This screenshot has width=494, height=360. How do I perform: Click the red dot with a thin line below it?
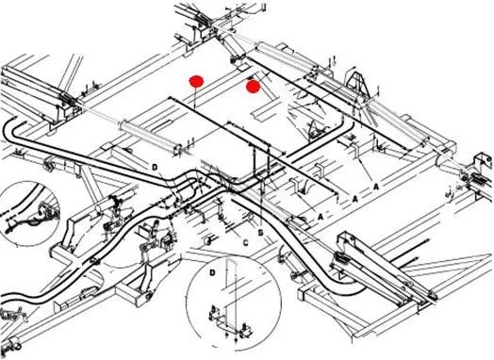[196, 81]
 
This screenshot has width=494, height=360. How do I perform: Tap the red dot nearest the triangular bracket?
[253, 87]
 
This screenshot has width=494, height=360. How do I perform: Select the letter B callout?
[260, 233]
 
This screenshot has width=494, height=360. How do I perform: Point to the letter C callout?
[246, 243]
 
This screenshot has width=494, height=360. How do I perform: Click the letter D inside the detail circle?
[212, 272]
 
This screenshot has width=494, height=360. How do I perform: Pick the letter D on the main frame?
[155, 167]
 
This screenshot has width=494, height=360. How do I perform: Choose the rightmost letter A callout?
[376, 188]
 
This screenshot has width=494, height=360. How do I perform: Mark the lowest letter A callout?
[321, 217]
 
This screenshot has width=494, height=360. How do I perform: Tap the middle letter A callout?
[355, 199]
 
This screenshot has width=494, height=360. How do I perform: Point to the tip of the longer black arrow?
[429, 241]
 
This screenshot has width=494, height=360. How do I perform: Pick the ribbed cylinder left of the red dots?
[150, 136]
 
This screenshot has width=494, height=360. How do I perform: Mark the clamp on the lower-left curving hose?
[94, 260]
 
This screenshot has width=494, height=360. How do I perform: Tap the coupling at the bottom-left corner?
[11, 344]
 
